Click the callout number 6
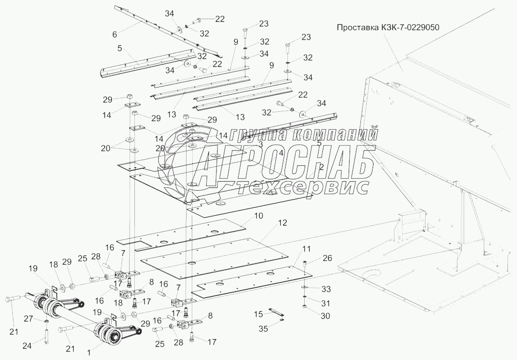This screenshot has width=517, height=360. click(114, 35)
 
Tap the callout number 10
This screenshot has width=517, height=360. click(258, 216)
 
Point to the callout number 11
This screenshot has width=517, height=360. click(306, 249)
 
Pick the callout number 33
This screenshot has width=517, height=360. click(326, 289)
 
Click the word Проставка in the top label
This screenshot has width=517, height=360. click(358, 27)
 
